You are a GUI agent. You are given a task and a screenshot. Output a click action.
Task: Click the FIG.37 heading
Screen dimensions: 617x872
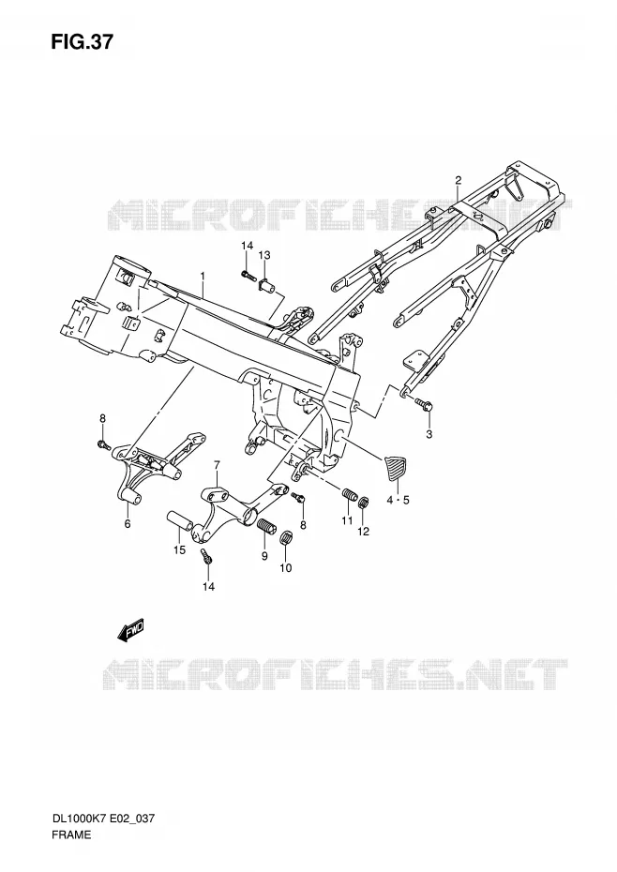(x=82, y=41)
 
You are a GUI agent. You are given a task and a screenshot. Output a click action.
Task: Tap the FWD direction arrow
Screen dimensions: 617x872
(x=130, y=631)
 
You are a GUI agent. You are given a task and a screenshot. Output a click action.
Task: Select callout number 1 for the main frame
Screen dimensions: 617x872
(x=203, y=276)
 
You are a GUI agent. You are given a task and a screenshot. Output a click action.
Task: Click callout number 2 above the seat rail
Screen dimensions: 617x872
(x=458, y=180)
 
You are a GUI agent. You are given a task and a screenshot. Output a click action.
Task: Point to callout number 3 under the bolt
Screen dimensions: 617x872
(x=429, y=434)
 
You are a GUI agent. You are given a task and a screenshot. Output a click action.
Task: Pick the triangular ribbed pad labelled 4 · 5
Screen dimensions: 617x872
(x=396, y=468)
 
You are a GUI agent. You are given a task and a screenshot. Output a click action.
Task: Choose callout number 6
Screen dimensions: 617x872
(x=128, y=524)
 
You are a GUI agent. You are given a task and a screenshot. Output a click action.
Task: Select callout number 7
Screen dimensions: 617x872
(x=217, y=464)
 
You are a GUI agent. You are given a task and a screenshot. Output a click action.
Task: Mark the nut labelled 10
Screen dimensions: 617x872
(x=285, y=538)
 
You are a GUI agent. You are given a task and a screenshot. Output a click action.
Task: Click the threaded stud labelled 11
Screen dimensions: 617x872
(x=349, y=494)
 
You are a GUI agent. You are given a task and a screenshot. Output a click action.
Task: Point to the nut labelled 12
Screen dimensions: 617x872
(x=363, y=504)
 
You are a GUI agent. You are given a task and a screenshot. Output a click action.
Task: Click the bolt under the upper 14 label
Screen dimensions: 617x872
(x=247, y=274)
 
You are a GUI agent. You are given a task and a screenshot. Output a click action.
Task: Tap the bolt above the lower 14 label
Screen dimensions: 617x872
(x=206, y=557)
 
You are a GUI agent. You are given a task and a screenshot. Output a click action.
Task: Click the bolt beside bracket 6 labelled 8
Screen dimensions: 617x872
(x=104, y=444)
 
